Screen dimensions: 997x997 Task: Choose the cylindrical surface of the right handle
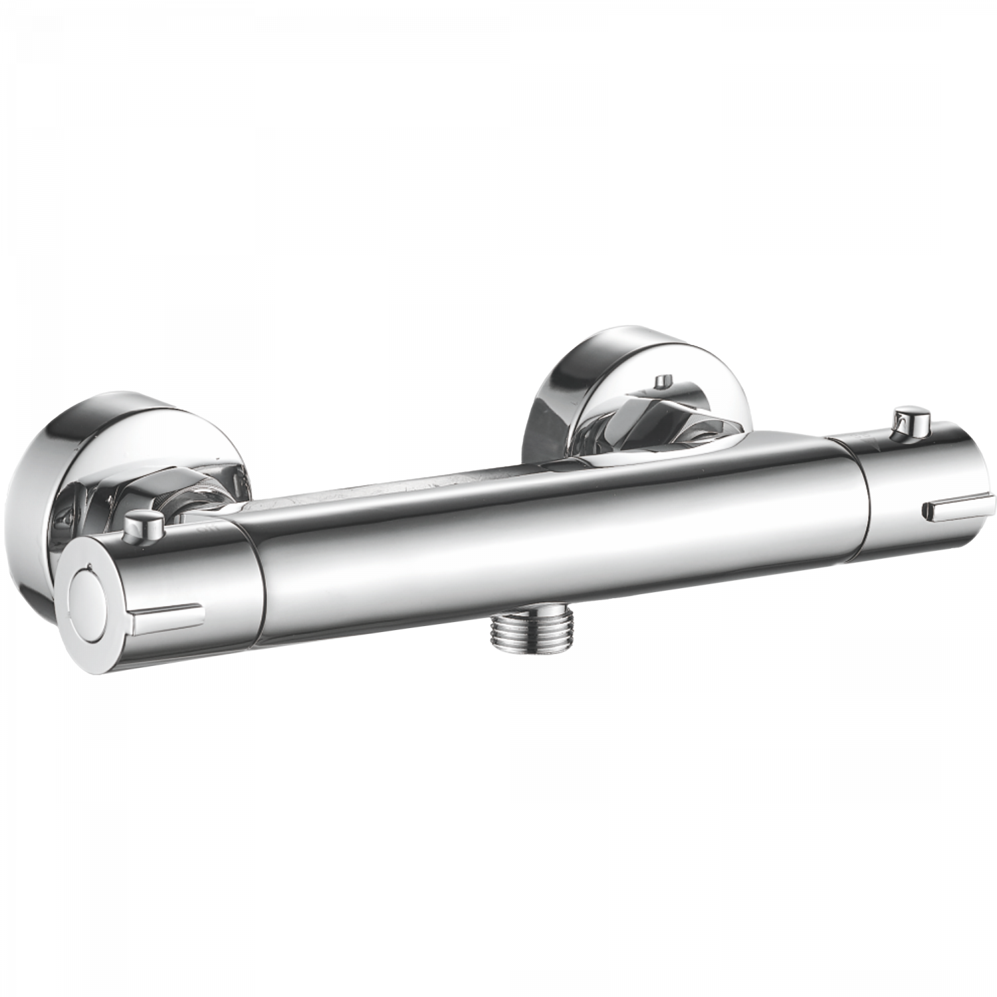click(x=917, y=479)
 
